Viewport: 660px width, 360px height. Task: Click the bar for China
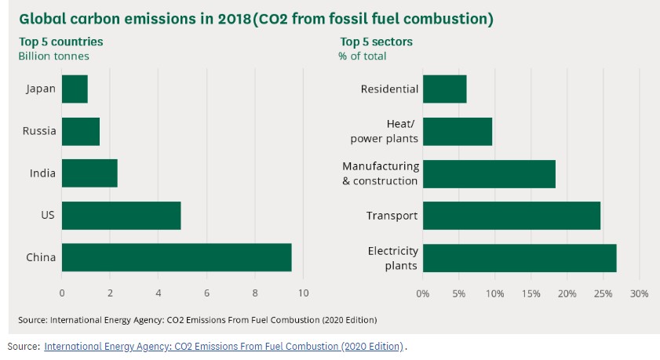click(177, 257)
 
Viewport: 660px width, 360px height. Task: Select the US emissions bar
click(121, 215)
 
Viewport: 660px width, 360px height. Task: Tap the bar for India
click(89, 173)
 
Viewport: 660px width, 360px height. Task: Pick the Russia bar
click(81, 131)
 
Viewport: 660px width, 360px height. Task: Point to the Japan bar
click(75, 89)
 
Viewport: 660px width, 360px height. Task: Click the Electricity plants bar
click(520, 257)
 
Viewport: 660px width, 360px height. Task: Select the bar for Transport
click(512, 215)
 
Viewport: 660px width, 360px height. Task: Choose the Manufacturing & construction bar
click(489, 173)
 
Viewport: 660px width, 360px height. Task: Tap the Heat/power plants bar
click(458, 131)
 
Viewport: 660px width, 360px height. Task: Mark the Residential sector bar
click(445, 89)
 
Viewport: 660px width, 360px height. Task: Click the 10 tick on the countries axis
click(303, 293)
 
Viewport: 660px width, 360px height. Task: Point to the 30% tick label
click(639, 293)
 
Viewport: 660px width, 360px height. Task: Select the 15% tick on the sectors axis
click(531, 293)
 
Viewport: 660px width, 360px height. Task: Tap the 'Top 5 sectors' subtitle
click(376, 42)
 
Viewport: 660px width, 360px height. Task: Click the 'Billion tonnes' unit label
click(53, 56)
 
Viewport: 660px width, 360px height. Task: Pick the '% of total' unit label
click(362, 56)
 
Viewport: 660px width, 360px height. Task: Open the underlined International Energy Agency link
click(224, 346)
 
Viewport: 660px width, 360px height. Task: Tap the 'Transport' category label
click(392, 216)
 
